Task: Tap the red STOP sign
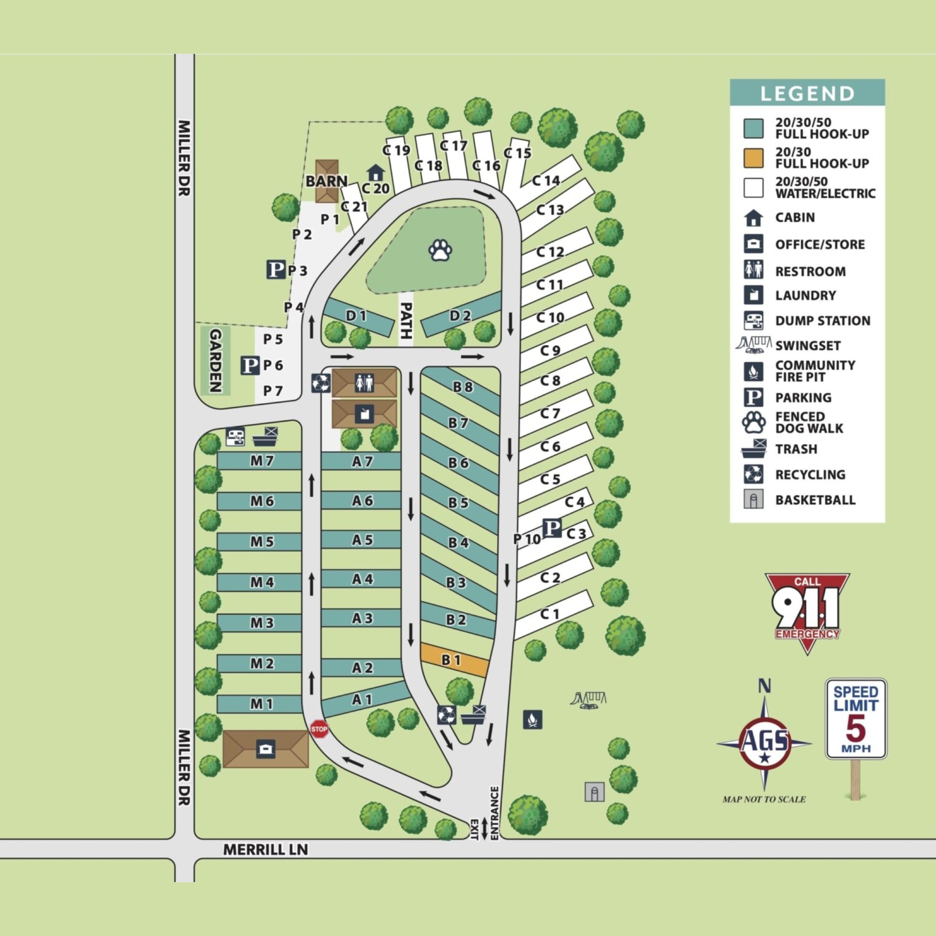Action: click(x=319, y=729)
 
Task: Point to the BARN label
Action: click(x=326, y=181)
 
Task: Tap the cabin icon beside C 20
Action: click(x=374, y=172)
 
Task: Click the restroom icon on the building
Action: click(x=364, y=383)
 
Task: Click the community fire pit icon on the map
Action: click(x=532, y=719)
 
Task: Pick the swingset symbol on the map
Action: click(x=589, y=700)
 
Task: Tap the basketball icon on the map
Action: click(x=594, y=792)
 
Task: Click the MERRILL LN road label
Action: click(x=266, y=849)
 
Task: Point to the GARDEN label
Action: click(x=215, y=361)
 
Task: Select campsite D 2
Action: click(x=460, y=316)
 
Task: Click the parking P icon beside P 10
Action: click(x=551, y=527)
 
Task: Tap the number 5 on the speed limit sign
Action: click(x=856, y=728)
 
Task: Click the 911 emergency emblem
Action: click(x=807, y=612)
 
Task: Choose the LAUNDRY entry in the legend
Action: click(x=805, y=295)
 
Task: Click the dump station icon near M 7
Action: click(x=235, y=436)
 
